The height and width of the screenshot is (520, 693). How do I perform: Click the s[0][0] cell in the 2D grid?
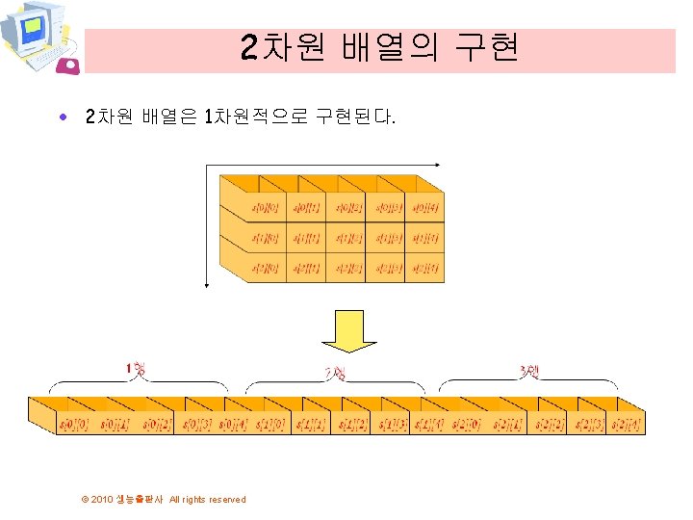tap(266, 206)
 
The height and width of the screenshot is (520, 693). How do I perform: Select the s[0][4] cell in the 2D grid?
tap(424, 206)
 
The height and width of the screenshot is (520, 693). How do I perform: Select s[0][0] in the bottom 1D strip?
tap(74, 425)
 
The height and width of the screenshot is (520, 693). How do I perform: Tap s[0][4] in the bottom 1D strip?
tap(235, 425)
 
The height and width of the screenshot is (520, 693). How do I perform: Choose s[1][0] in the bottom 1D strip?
tap(273, 425)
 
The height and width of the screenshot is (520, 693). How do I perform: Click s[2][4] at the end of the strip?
tap(625, 425)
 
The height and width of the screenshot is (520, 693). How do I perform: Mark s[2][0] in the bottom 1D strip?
tap(465, 425)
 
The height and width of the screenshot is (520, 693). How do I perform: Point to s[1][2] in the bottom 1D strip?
tap(353, 425)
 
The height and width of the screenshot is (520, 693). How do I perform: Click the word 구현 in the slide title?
tap(487, 47)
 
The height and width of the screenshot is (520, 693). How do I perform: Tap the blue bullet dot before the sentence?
tap(63, 118)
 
